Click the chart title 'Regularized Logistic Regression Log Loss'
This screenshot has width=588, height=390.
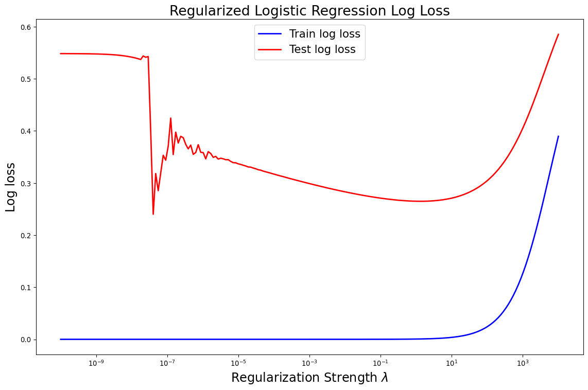pyautogui.click(x=309, y=11)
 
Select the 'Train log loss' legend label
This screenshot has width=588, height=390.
pyautogui.click(x=324, y=34)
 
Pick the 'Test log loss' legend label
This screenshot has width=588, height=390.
pyautogui.click(x=322, y=50)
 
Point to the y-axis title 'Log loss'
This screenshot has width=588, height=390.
pyautogui.click(x=11, y=187)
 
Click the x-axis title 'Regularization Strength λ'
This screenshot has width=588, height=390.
pyautogui.click(x=309, y=378)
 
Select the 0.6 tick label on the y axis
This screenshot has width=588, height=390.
pyautogui.click(x=25, y=27)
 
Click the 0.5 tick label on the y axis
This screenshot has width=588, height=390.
pyautogui.click(x=25, y=79)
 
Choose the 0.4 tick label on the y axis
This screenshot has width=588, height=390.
pyautogui.click(x=25, y=131)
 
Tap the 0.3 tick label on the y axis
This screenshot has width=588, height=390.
pyautogui.click(x=25, y=183)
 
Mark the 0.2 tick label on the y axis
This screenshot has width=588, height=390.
pyautogui.click(x=25, y=236)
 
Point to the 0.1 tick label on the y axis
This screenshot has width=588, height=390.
pyautogui.click(x=25, y=288)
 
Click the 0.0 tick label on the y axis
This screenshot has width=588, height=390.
pyautogui.click(x=25, y=340)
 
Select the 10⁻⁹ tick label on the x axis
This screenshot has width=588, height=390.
pyautogui.click(x=96, y=363)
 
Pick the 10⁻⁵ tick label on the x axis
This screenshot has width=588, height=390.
pyautogui.click(x=238, y=363)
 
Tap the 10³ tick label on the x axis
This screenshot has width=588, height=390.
pyautogui.click(x=523, y=363)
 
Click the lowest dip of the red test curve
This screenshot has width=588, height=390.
pyautogui.click(x=153, y=214)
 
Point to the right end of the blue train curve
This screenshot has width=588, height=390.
pyautogui.click(x=558, y=136)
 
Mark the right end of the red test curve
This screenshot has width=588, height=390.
pyautogui.click(x=558, y=34)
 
